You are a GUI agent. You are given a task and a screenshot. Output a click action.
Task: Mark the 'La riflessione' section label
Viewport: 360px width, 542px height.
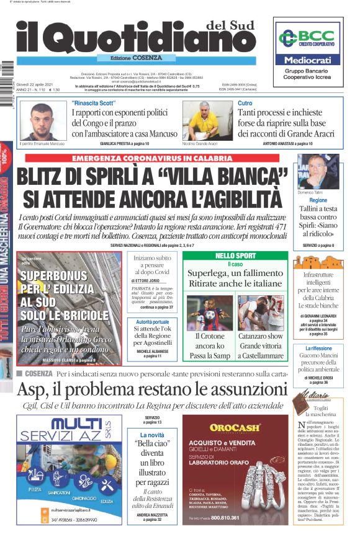tap(318, 349)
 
